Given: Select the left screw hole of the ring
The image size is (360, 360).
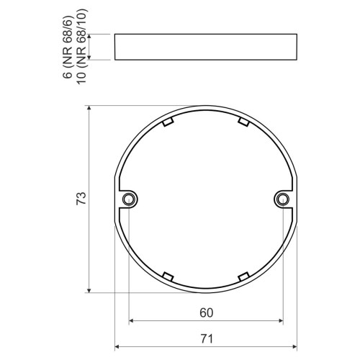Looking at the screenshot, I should click(128, 199).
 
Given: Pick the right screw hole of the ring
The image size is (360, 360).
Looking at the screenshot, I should click(283, 199).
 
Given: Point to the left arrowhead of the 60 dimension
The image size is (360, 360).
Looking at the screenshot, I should click(131, 320).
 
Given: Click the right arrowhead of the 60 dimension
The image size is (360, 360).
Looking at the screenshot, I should click(280, 320).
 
